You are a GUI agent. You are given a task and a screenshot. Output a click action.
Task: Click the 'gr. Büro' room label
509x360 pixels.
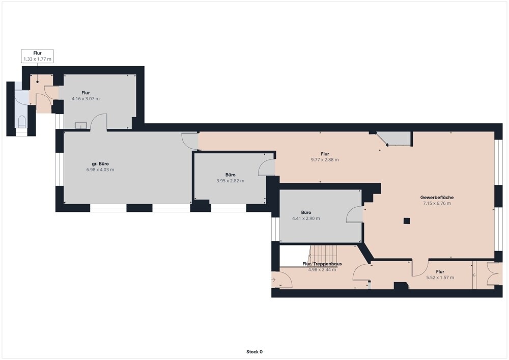coord(100,163)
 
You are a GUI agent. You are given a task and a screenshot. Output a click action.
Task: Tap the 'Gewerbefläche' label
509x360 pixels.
coord(437,198)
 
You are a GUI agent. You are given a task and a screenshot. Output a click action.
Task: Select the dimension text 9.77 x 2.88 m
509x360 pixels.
coord(325,160)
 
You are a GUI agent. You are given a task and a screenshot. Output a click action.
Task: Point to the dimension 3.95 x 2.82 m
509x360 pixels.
coord(230,181)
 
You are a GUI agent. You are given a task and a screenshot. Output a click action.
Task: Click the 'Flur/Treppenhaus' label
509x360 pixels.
coord(322,264)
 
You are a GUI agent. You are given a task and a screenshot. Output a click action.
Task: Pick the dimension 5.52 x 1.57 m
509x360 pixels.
coord(440,278)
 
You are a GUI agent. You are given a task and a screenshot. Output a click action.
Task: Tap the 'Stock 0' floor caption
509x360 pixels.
coord(254,351)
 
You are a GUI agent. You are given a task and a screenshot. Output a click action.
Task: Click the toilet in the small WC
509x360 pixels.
coord(22,121)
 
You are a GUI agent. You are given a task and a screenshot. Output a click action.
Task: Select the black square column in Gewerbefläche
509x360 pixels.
coord(407,221)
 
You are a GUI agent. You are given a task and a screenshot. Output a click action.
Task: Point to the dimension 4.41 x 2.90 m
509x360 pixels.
coord(306,218)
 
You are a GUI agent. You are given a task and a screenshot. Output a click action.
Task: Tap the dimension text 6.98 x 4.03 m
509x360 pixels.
coord(100,170)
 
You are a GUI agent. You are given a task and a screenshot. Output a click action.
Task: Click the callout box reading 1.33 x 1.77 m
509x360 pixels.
coord(37,56)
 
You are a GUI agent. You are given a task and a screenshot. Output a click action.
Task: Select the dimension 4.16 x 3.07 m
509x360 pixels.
coord(86,99)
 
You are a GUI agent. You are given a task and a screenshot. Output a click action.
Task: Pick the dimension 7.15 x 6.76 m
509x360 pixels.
coord(437,203)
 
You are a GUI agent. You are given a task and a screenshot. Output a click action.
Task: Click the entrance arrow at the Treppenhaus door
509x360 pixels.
coord(273,279)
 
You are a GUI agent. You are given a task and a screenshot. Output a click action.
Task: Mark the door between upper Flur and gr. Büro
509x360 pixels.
coord(98,122)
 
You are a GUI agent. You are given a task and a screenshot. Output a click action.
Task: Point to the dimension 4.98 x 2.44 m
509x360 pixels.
coord(322,270)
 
